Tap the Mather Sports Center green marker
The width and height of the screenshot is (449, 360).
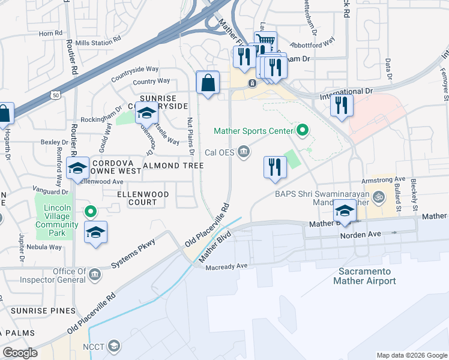click(303, 130)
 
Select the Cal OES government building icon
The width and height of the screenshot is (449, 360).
click(244, 152)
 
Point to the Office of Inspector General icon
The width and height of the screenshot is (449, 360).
click(94, 275)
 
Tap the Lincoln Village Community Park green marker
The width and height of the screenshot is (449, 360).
click(90, 211)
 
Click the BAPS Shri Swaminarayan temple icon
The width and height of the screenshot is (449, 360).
click(379, 196)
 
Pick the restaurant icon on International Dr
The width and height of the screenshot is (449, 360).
click(342, 106)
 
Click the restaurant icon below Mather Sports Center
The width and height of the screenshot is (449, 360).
click(275, 167)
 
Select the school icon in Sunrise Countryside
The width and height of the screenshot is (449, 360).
click(146, 112)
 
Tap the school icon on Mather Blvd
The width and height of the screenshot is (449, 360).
click(345, 211)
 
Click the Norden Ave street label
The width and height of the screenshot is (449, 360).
click(357, 235)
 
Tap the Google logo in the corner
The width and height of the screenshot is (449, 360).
click(20, 353)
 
